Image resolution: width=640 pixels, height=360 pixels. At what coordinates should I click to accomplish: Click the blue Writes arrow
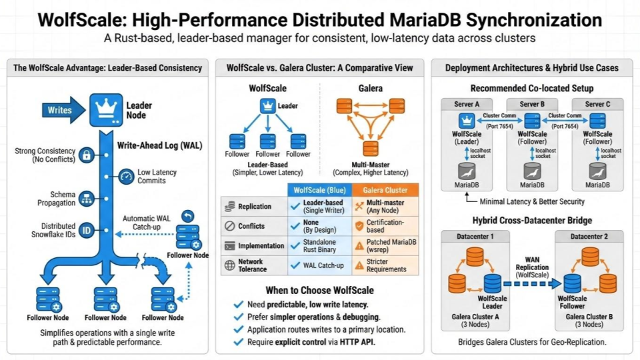click(61, 110)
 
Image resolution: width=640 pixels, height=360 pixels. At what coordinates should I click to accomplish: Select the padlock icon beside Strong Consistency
click(86, 156)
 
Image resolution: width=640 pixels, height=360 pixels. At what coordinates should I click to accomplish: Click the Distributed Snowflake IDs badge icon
click(86, 231)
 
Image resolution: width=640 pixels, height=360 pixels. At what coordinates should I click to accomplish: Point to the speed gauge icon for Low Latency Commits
click(125, 177)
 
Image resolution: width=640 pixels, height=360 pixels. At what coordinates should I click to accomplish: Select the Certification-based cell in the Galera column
click(385, 225)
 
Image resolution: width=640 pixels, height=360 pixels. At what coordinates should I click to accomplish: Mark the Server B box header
click(531, 104)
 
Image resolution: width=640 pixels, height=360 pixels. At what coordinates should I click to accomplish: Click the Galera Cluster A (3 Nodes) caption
click(475, 320)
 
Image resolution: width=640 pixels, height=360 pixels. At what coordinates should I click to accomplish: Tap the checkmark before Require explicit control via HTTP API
click(238, 342)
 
